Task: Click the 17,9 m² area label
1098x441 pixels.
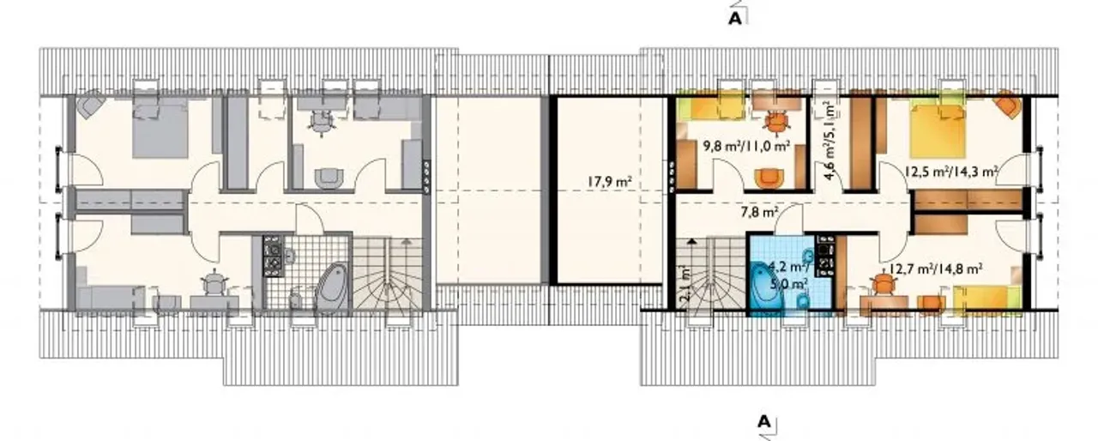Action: (x=609, y=182)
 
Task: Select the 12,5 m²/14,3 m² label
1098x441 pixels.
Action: (x=952, y=172)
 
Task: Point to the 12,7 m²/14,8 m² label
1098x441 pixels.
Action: (x=935, y=269)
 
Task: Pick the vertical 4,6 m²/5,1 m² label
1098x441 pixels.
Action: (x=830, y=141)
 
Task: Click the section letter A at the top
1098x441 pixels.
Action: (x=735, y=18)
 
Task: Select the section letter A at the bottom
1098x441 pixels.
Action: (x=764, y=421)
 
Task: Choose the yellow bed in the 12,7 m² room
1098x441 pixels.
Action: (x=986, y=299)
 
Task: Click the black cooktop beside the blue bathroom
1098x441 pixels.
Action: (x=825, y=256)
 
